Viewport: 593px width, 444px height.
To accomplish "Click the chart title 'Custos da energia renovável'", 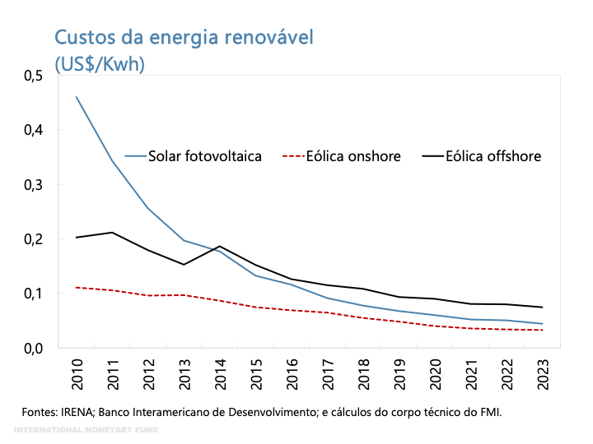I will point(184,37).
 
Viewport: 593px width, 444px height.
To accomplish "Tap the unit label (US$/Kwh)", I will point(100,63).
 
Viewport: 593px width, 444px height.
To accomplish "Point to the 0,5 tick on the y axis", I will point(32,76).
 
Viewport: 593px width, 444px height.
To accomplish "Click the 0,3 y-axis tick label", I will point(32,185).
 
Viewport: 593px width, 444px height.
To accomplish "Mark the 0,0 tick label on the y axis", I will point(32,348).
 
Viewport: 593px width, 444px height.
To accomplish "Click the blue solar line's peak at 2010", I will point(77,97).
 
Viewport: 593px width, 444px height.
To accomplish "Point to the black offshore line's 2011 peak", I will point(112,233).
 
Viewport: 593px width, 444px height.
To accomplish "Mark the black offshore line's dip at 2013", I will point(184,265).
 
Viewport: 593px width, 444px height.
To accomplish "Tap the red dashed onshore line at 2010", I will point(77,288).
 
